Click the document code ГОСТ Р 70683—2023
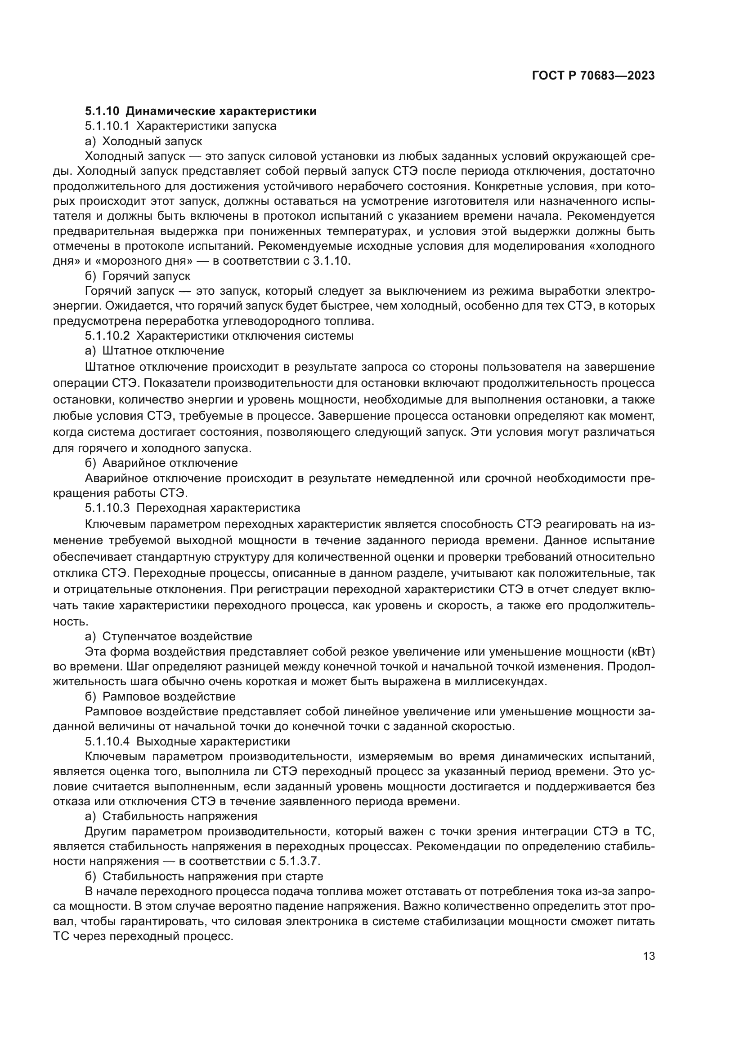click(593, 76)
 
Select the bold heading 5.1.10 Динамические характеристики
click(201, 111)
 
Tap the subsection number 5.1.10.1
click(108, 126)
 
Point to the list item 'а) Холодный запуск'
click(143, 141)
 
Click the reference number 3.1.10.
click(334, 262)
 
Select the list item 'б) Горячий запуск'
click(138, 276)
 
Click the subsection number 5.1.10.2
click(108, 336)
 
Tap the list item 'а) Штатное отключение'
click(154, 350)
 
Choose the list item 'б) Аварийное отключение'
click(161, 463)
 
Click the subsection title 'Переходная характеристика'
click(219, 508)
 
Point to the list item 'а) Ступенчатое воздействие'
click(169, 636)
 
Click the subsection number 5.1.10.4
click(108, 741)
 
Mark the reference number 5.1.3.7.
click(300, 861)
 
